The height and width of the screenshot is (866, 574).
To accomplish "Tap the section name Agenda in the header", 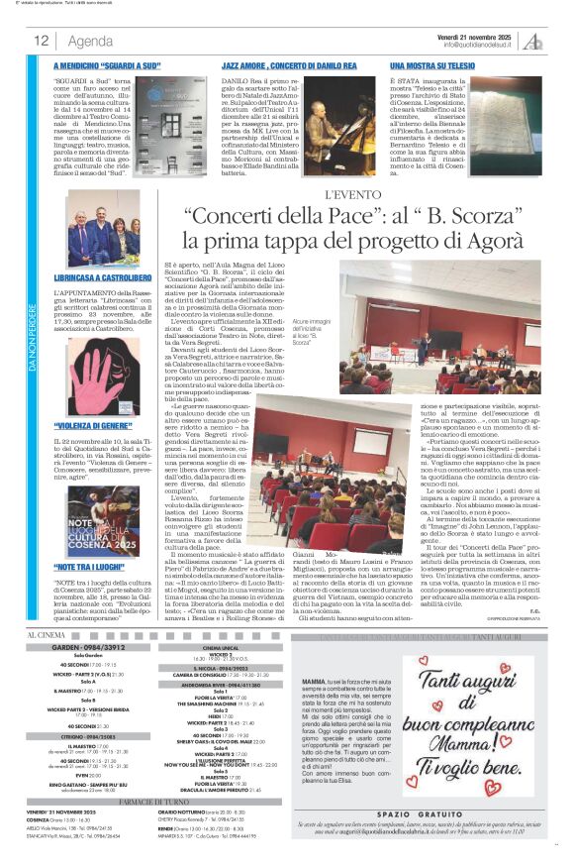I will pos(90,41).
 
